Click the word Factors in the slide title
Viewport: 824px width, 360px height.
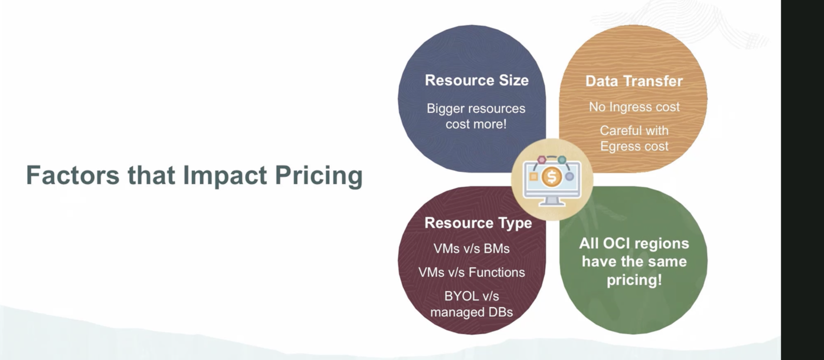[73, 175]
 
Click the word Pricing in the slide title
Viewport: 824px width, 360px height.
[319, 176]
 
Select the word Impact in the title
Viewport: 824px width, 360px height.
[225, 176]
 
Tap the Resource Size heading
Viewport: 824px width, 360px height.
[477, 80]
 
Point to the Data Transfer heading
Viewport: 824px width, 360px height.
[634, 81]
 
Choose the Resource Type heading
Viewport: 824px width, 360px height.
[478, 223]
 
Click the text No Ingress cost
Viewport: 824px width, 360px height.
[634, 107]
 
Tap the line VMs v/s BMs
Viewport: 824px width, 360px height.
[471, 249]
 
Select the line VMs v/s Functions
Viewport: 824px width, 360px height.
[471, 272]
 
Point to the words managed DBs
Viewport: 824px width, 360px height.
[471, 312]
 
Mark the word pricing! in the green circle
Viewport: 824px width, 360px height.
[634, 280]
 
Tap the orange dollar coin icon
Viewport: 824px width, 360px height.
[551, 177]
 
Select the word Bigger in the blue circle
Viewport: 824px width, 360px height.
[446, 109]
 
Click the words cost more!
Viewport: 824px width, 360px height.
[476, 125]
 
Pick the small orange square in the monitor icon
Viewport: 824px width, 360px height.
[533, 177]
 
